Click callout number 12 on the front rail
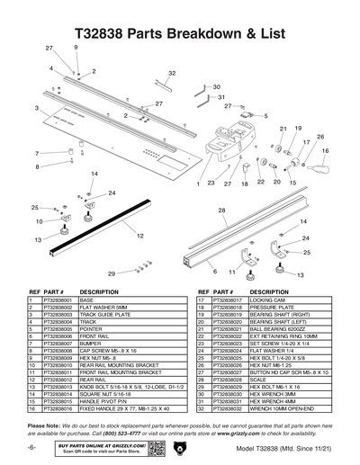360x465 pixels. tap(140, 236)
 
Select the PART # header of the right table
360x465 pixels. tap(222, 291)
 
